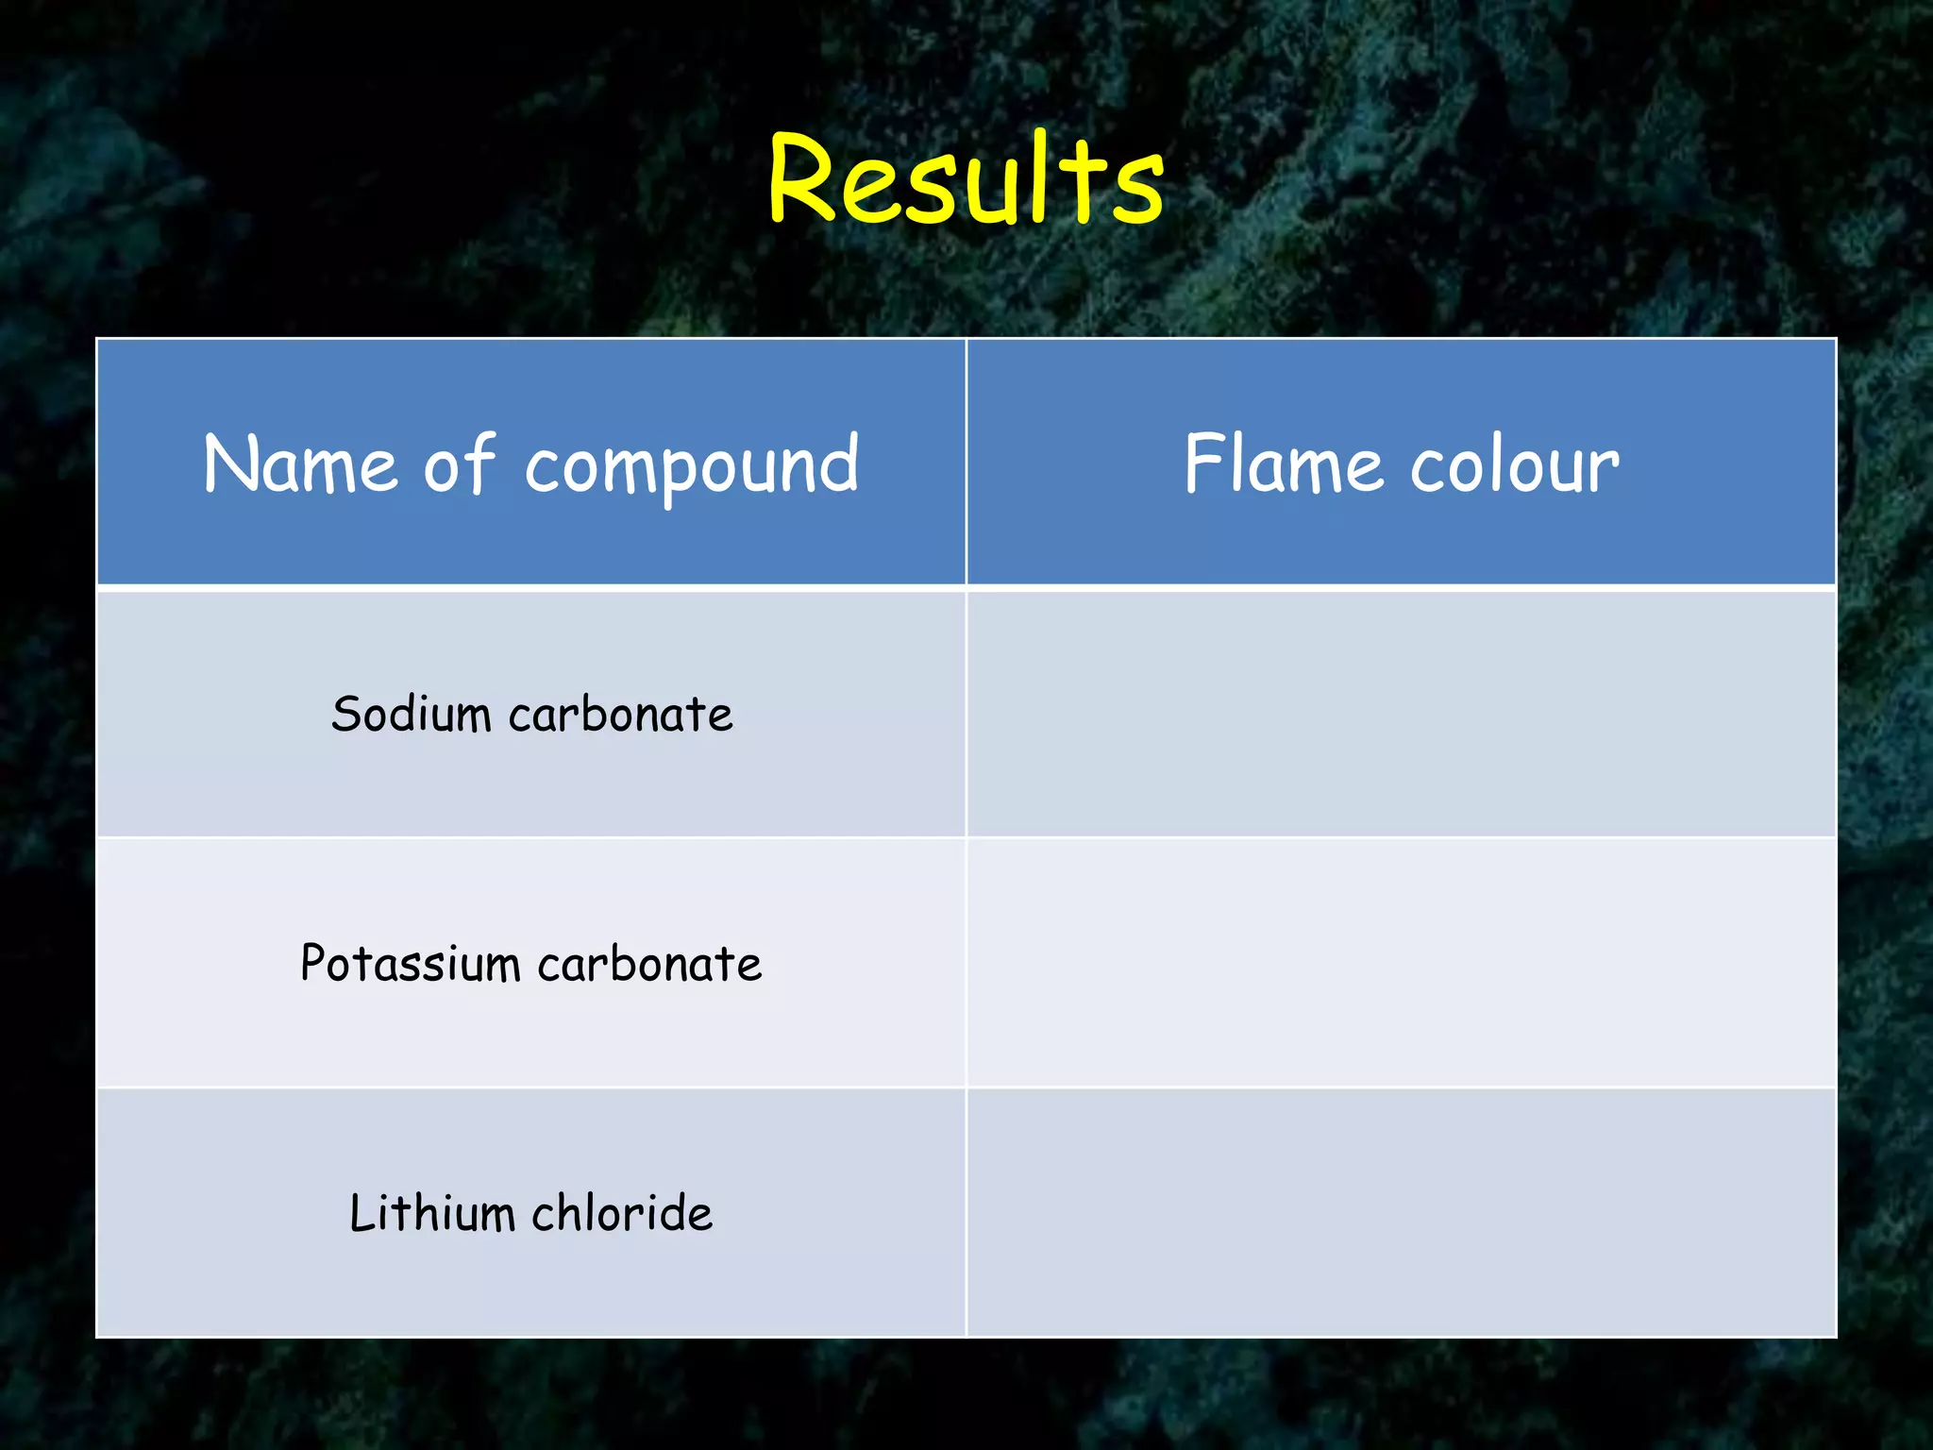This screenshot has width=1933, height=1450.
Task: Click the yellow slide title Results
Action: pos(966,179)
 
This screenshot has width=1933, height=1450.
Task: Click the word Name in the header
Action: pos(300,464)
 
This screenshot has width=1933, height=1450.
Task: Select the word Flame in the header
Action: pos(1282,464)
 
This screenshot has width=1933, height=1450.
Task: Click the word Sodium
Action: pos(411,714)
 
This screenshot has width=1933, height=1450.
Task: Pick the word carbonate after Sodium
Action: pos(620,715)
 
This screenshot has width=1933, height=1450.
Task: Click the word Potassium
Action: pos(410,964)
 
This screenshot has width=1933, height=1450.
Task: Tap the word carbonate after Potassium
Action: pos(649,965)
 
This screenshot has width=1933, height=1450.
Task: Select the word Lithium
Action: pos(430,1213)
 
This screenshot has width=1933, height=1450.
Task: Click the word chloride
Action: pos(622,1213)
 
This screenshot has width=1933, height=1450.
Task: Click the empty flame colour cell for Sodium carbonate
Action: pos(1402,714)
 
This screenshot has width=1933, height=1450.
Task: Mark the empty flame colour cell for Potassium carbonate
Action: pos(1402,963)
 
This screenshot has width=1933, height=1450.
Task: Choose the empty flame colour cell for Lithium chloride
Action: pos(1402,1213)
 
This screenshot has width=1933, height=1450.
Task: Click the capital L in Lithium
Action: pos(361,1213)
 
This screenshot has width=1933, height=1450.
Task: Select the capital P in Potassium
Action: pos(312,963)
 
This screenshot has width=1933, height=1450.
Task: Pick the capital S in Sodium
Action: pos(346,714)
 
